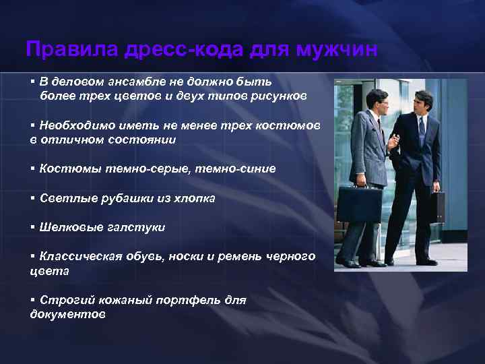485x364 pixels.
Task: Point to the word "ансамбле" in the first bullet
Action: click(121, 82)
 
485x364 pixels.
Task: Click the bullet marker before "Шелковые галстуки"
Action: click(32, 227)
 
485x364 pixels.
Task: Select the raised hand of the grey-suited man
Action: click(393, 142)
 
